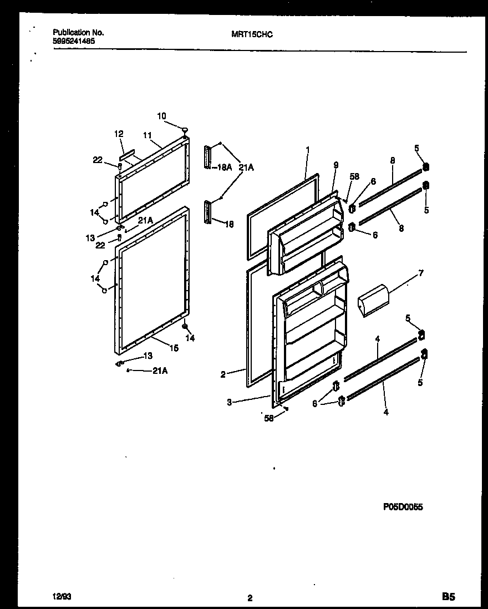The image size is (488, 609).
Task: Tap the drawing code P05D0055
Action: click(x=403, y=506)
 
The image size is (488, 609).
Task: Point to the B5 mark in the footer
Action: click(x=448, y=597)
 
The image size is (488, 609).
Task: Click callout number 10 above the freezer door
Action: click(x=161, y=116)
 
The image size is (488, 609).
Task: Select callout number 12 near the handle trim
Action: click(x=119, y=134)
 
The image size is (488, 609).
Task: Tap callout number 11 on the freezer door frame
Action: click(x=147, y=135)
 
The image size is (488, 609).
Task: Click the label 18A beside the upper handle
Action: click(x=224, y=167)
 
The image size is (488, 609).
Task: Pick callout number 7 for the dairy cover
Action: click(x=420, y=273)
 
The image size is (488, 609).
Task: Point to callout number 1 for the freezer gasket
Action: click(x=308, y=149)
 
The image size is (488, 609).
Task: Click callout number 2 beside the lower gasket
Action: click(x=223, y=374)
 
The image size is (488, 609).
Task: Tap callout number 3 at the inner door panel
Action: click(x=229, y=403)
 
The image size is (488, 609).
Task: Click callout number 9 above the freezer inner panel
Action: click(x=335, y=165)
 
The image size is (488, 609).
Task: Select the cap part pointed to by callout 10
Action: click(x=185, y=130)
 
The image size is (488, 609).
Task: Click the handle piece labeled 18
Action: click(x=209, y=212)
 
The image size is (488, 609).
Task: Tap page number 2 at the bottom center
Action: click(x=250, y=598)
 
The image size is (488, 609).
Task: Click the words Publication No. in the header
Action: click(x=78, y=33)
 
